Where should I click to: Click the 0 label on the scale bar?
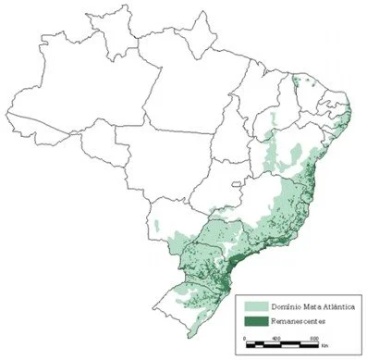click(243, 339)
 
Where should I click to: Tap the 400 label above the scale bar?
click(276, 339)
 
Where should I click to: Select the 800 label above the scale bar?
click(313, 339)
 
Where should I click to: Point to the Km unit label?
click(324, 346)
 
